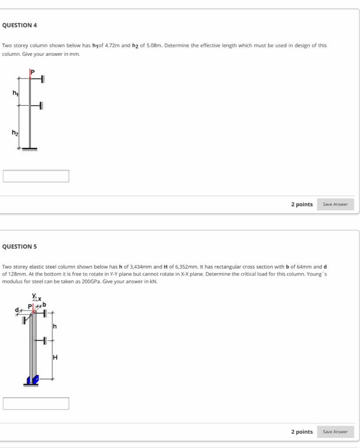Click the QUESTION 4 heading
coord(19,25)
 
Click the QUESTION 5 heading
coord(19,246)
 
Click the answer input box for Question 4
coord(36,176)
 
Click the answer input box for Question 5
coord(36,403)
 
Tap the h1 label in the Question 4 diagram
coord(15,93)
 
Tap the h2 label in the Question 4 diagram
coord(15,133)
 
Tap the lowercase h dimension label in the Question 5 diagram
coord(55,326)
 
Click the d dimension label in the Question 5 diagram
coord(17,310)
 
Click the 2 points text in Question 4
coord(302,204)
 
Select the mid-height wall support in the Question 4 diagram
coord(41,105)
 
